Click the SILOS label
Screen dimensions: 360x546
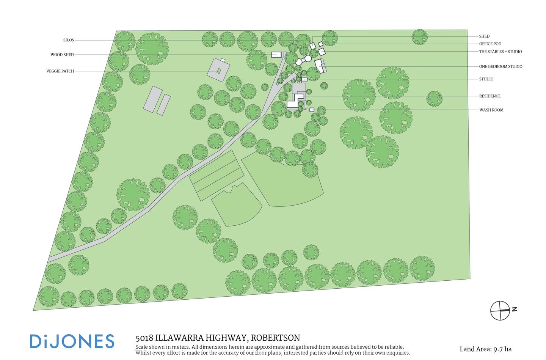(69, 40)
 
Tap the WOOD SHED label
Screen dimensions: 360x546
(62, 55)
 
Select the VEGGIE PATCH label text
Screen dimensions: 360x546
(60, 71)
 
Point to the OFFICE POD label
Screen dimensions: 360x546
(490, 44)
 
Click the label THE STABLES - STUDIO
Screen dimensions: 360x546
(500, 52)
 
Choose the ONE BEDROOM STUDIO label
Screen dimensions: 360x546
(500, 66)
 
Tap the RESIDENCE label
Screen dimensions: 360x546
(490, 96)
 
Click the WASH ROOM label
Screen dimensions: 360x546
(491, 110)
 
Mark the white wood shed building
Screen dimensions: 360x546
(277, 55)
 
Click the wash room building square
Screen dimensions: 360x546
(312, 110)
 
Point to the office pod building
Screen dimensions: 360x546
(321, 44)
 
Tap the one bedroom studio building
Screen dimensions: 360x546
(320, 65)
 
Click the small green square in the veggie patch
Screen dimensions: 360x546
(219, 71)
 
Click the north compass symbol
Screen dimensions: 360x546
(501, 310)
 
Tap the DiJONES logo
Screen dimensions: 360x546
(72, 341)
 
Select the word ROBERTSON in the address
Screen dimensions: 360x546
(275, 338)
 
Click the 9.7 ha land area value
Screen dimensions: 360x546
(502, 349)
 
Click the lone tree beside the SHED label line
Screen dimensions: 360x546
(419, 37)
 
